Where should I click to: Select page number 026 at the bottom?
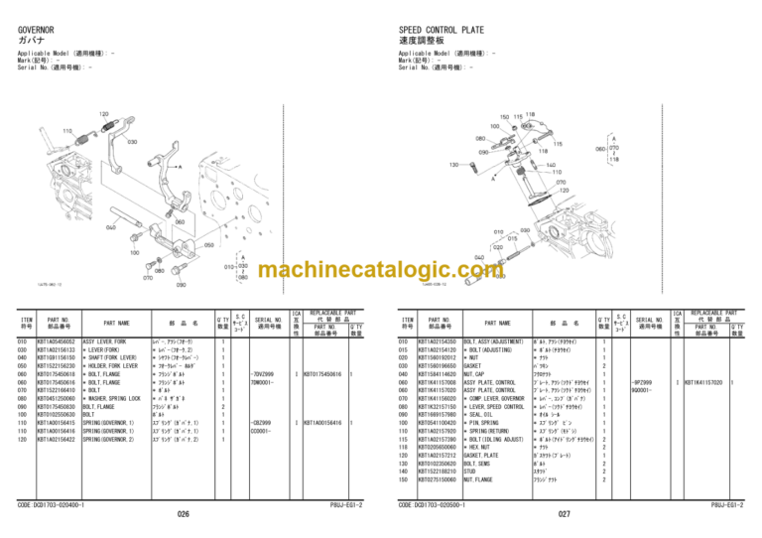point(183,515)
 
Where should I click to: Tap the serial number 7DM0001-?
point(263,382)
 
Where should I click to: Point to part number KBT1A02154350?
point(440,341)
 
